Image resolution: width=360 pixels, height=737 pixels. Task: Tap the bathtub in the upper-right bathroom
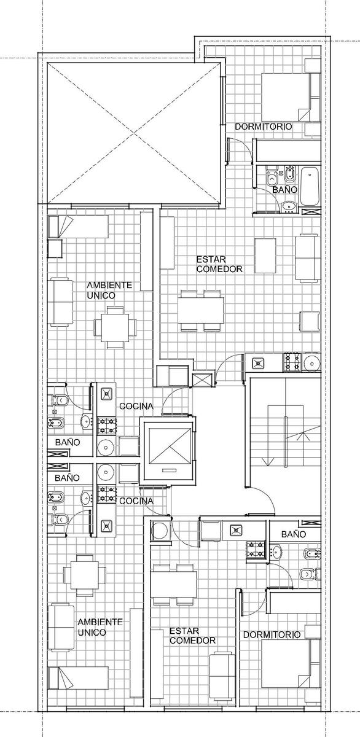[310, 186]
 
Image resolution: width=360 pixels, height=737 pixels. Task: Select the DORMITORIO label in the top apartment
[264, 127]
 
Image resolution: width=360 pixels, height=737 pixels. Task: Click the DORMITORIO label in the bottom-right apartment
[272, 634]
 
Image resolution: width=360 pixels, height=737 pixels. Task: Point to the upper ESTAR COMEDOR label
[219, 264]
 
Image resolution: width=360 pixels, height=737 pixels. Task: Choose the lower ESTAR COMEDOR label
[192, 636]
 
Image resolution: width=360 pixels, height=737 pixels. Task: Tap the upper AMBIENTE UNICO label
[109, 290]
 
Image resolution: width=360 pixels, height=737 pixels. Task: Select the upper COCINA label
[136, 407]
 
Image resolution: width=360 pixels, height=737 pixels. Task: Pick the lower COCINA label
[136, 501]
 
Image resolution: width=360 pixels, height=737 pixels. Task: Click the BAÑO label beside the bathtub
[285, 190]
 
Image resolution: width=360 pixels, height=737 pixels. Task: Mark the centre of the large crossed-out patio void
[133, 133]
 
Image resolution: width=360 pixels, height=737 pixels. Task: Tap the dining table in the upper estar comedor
[202, 311]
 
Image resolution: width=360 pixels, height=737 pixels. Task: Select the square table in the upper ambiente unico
[115, 327]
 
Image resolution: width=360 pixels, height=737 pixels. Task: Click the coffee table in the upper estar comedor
[265, 256]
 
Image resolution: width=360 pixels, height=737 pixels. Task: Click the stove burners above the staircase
[292, 362]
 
